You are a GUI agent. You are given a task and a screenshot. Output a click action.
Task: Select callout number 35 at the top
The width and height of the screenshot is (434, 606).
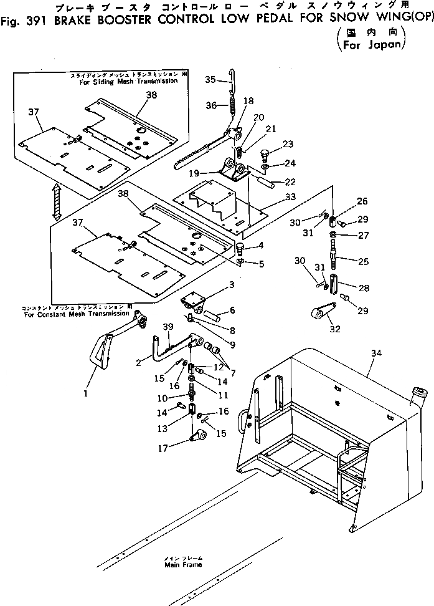210,79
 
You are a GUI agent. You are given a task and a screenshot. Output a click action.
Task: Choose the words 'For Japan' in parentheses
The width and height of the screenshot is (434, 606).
370,45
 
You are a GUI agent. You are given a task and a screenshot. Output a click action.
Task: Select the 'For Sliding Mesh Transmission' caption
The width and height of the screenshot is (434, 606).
129,81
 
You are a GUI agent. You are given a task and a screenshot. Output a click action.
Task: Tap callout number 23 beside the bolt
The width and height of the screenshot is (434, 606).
287,145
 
